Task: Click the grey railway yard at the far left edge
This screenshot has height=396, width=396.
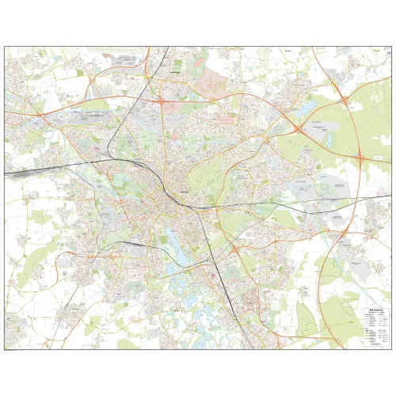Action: pyautogui.click(x=20, y=169)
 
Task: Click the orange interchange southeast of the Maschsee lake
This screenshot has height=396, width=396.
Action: pyautogui.click(x=235, y=249)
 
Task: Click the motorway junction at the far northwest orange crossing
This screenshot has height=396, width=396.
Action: pyautogui.click(x=36, y=113)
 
